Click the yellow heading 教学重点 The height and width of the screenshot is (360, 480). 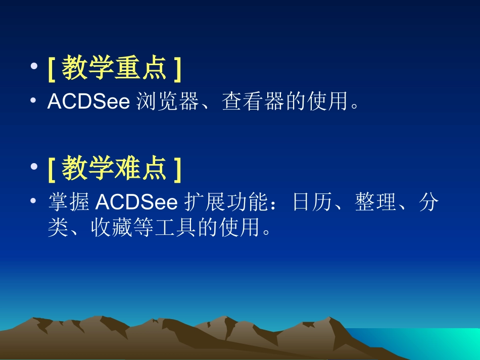pos(114,69)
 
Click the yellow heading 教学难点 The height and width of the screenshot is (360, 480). pos(114,169)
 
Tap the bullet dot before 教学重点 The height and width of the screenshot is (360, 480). pos(33,68)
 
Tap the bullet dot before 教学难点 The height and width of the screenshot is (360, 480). pos(33,168)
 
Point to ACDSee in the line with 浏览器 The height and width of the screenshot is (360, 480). pos(89,101)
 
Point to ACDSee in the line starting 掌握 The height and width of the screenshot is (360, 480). pos(136,202)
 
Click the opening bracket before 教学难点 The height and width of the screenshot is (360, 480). pos(51,169)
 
